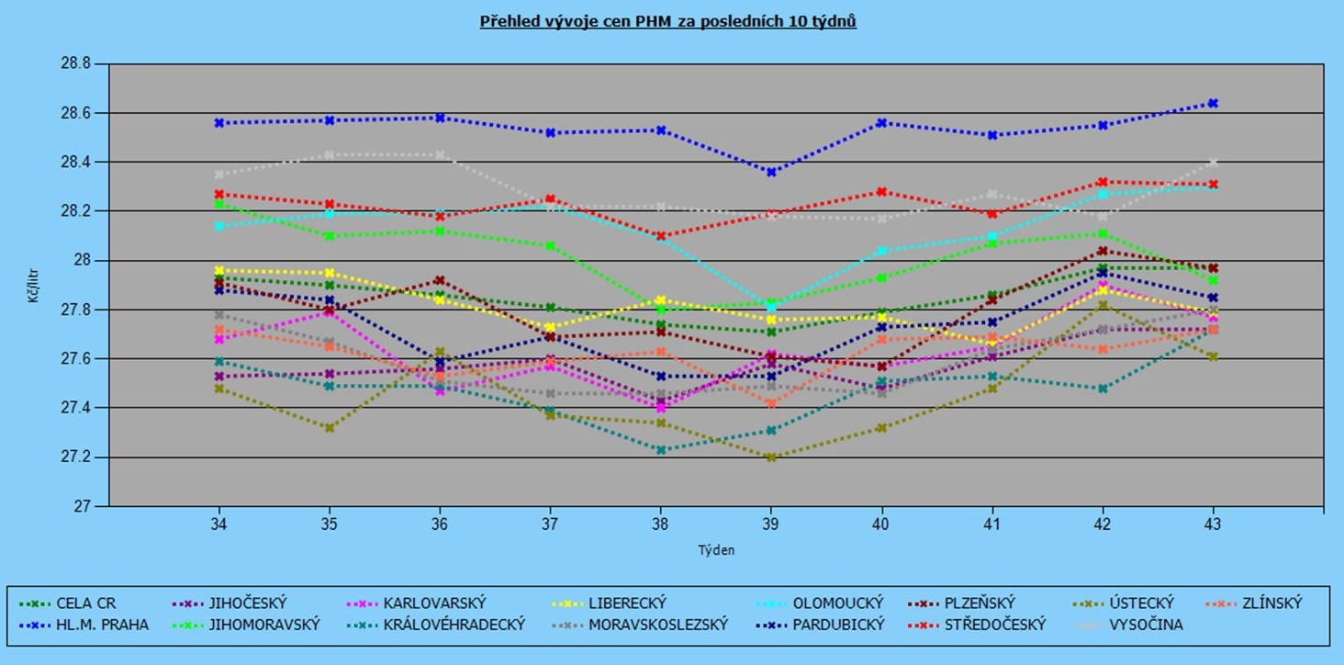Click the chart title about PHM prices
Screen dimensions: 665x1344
pyautogui.click(x=667, y=21)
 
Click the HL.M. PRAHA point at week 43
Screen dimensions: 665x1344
pyautogui.click(x=1213, y=104)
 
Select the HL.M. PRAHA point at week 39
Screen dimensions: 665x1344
pyautogui.click(x=771, y=172)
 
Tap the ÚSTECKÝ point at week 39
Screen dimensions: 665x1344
pyautogui.click(x=771, y=456)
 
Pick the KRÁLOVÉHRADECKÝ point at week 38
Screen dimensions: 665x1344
pyautogui.click(x=660, y=450)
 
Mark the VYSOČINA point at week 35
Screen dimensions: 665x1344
pyautogui.click(x=329, y=155)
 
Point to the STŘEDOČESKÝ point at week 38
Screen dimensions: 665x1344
pyautogui.click(x=660, y=236)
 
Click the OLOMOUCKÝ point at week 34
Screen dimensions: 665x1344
pyautogui.click(x=218, y=226)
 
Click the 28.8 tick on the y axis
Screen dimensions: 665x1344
pyautogui.click(x=75, y=64)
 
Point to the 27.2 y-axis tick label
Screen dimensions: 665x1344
pyautogui.click(x=75, y=457)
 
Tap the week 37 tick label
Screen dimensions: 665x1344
pyautogui.click(x=550, y=524)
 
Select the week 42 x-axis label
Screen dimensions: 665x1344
pyautogui.click(x=1103, y=524)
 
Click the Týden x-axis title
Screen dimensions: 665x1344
pyautogui.click(x=715, y=550)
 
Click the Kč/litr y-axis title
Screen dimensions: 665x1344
pyautogui.click(x=34, y=285)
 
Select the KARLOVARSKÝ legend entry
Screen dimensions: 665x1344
pyautogui.click(x=434, y=603)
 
